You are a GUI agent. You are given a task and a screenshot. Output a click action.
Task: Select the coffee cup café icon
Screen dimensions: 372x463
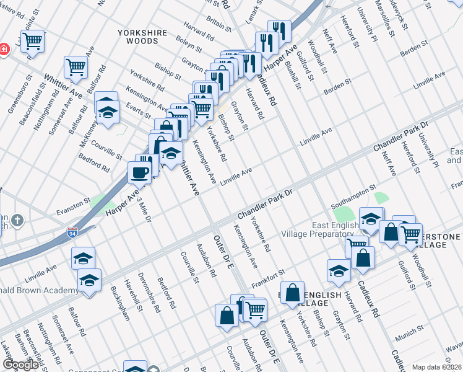pyautogui.click(x=140, y=172)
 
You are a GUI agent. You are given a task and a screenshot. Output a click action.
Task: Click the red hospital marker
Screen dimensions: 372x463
pyautogui.click(x=2, y=49)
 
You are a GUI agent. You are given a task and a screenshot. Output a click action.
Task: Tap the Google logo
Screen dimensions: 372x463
pyautogui.click(x=20, y=365)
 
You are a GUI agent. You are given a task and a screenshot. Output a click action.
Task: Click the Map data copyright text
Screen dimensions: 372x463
pyautogui.click(x=436, y=367)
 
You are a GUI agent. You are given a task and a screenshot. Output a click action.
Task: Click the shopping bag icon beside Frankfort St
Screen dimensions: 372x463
pyautogui.click(x=292, y=293)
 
